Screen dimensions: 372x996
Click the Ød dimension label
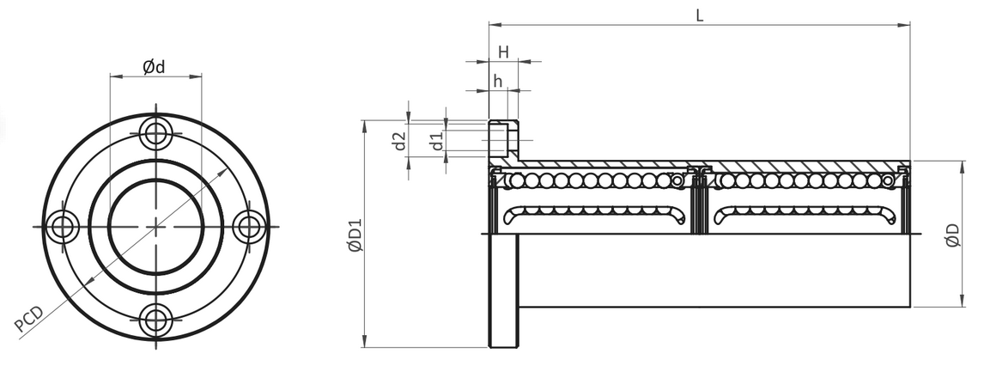pyautogui.click(x=154, y=66)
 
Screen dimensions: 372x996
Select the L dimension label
pyautogui.click(x=700, y=15)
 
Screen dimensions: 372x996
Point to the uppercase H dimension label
pyautogui.click(x=503, y=52)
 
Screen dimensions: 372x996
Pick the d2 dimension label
pyautogui.click(x=399, y=142)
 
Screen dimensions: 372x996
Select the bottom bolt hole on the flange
pyautogui.click(x=155, y=319)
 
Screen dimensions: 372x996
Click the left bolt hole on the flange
pyautogui.click(x=62, y=226)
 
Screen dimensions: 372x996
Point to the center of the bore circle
pyautogui.click(x=155, y=226)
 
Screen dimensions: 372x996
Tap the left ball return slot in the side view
pyautogui.click(x=596, y=216)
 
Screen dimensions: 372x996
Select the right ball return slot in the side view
pyautogui.click(x=805, y=216)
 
